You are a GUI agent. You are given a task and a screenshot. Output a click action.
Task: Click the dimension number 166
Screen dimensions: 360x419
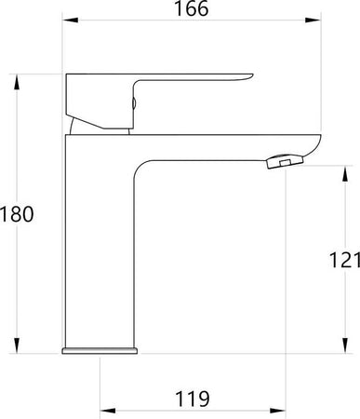[192, 8]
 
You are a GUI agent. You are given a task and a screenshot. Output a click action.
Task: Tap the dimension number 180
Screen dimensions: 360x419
[17, 214]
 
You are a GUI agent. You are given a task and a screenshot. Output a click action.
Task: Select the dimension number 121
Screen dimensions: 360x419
[344, 260]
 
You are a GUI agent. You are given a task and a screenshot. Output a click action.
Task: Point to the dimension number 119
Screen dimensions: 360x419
[193, 399]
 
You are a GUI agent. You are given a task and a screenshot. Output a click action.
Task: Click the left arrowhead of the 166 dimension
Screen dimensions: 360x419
[71, 20]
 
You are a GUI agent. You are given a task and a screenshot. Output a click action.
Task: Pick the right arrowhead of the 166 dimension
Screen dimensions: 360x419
[313, 20]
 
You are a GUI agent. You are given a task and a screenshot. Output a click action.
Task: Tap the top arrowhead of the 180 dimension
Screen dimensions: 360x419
[17, 82]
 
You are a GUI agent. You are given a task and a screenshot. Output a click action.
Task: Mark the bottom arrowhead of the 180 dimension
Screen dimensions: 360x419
[17, 345]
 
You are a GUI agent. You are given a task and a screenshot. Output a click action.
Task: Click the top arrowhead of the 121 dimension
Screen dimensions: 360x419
[344, 173]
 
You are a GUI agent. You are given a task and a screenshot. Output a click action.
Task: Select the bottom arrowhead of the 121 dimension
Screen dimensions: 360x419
[344, 345]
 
